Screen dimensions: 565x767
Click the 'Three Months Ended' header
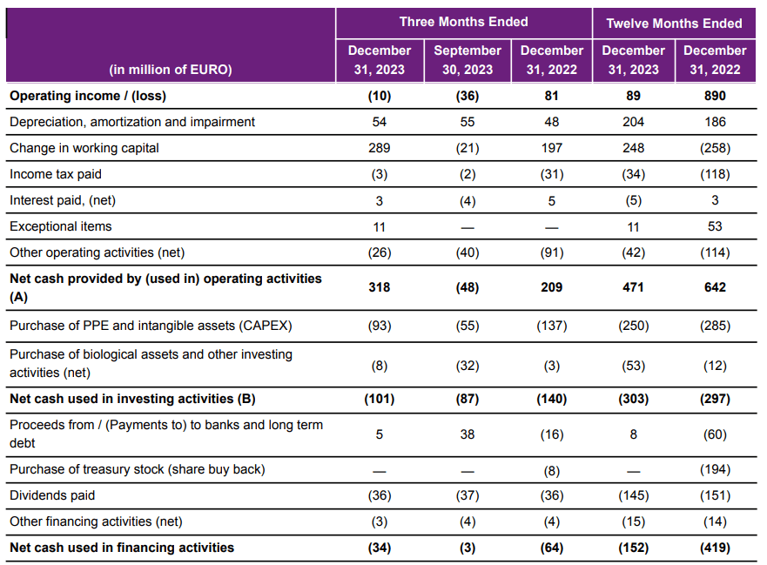tap(463, 22)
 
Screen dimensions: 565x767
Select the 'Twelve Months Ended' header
tap(674, 23)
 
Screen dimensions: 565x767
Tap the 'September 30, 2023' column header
tap(468, 60)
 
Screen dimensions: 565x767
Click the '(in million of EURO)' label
tap(171, 70)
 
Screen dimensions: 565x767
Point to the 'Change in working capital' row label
tap(84, 148)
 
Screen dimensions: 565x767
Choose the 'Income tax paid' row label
tap(56, 174)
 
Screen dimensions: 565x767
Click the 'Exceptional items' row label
tap(61, 226)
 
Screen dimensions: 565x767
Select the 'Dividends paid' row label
tap(52, 495)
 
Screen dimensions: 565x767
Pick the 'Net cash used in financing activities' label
tap(122, 548)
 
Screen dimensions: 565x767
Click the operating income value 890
tap(715, 96)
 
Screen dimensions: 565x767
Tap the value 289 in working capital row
tap(379, 148)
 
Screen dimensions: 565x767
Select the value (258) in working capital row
tap(715, 148)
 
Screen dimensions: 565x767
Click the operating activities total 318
tap(379, 287)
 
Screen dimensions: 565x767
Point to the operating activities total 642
tap(715, 287)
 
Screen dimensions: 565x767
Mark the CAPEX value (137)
tap(552, 326)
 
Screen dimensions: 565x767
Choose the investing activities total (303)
tap(633, 399)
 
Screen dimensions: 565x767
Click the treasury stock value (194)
tap(715, 469)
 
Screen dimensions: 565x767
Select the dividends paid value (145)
tap(633, 495)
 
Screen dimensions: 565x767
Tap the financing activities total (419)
tap(715, 548)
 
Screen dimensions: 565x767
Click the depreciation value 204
tap(633, 122)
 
